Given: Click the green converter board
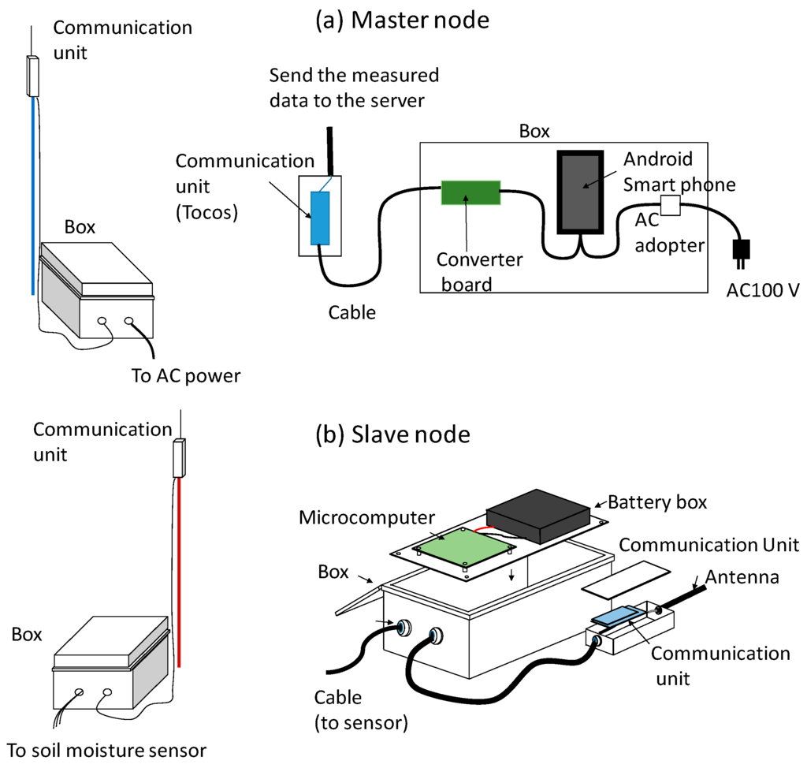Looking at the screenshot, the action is click(470, 192).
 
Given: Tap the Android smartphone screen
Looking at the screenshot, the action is click(581, 192).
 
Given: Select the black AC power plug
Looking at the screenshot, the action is click(741, 253).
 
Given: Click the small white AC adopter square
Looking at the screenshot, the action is click(670, 205).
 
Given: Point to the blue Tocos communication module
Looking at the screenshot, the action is click(320, 218).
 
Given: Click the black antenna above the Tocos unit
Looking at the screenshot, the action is click(330, 151).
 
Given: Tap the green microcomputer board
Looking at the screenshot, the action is click(463, 548).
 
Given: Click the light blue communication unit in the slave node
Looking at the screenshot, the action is click(618, 616).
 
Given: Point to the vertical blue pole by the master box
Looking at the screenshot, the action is click(33, 196).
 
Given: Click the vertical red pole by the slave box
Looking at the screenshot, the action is click(179, 572).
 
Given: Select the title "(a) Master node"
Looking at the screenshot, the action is click(402, 20).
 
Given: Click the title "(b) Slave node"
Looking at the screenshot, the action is click(392, 434).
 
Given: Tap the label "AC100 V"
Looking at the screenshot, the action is click(763, 290).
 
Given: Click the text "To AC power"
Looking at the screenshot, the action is click(186, 376).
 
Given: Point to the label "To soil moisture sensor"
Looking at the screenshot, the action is click(106, 751).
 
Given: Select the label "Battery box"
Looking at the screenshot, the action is click(657, 502).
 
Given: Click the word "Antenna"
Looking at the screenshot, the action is click(742, 577).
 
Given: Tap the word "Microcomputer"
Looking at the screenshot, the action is click(366, 518).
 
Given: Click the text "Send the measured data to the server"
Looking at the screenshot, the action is click(354, 88).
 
